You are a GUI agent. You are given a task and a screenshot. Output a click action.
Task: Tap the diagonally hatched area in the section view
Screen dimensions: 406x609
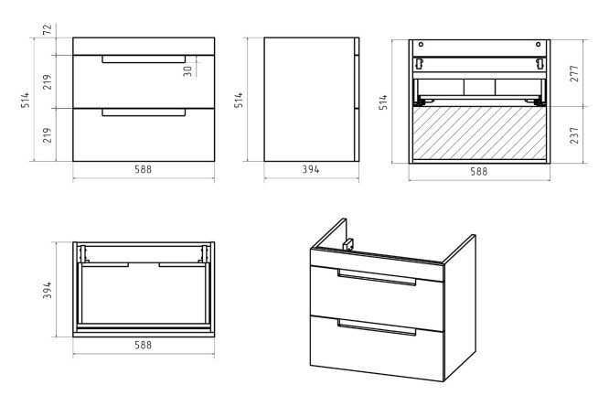click(x=478, y=133)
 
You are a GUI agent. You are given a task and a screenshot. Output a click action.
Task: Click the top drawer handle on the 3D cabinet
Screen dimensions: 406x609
click(x=377, y=277)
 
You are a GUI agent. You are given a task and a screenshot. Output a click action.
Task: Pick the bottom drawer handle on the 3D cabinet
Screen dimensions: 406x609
click(x=377, y=326)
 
